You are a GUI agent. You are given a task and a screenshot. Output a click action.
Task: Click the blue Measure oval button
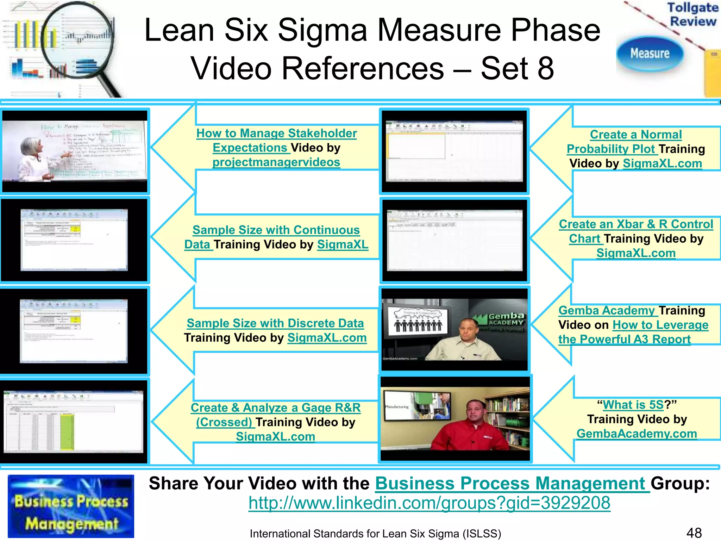pos(650,54)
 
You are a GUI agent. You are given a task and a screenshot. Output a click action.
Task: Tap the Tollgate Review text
pos(692,14)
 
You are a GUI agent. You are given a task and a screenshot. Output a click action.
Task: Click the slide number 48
pos(694,533)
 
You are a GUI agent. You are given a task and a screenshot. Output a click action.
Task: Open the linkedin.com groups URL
pos(429,503)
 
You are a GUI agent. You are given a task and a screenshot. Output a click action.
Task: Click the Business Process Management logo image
pos(71,506)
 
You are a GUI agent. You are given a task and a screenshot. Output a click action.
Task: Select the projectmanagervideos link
pos(276,162)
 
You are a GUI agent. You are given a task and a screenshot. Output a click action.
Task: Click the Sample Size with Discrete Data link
pos(275,323)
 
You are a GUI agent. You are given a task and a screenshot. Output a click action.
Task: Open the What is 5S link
pos(633,405)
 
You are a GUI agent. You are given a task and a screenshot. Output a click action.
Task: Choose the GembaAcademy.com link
pos(637,434)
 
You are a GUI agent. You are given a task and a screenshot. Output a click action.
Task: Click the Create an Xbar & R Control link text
pos(636,224)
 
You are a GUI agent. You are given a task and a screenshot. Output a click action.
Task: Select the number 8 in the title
pos(545,68)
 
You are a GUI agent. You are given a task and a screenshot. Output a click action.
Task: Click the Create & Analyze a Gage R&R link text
pos(275,408)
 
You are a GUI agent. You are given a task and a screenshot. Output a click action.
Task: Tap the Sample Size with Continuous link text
pos(276,230)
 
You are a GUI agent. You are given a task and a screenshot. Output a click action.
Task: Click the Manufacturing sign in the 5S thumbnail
pos(397,407)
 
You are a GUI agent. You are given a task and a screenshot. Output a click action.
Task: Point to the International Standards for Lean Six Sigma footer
pos(375,534)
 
